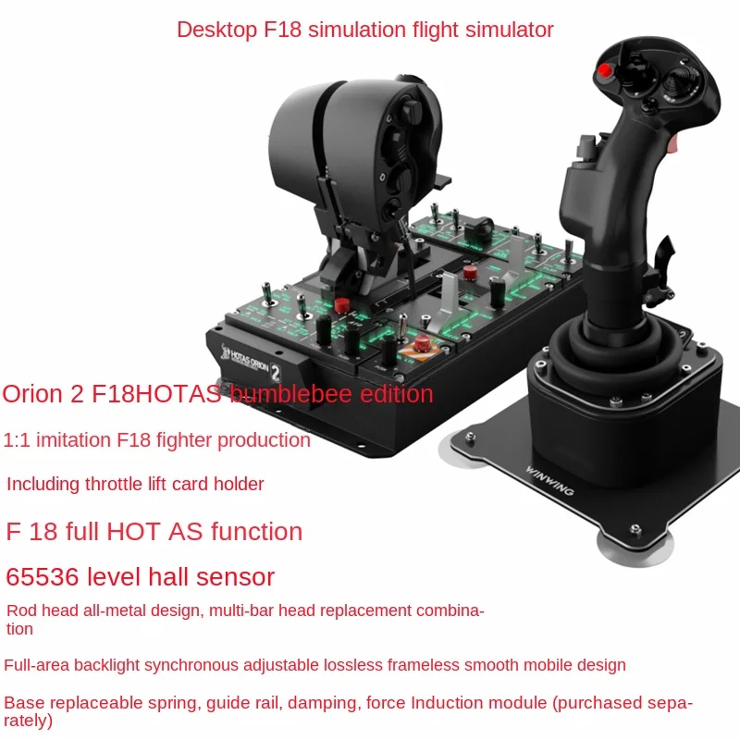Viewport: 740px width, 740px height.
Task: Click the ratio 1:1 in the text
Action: click(18, 440)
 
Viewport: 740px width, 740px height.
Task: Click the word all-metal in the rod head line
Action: click(116, 610)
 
